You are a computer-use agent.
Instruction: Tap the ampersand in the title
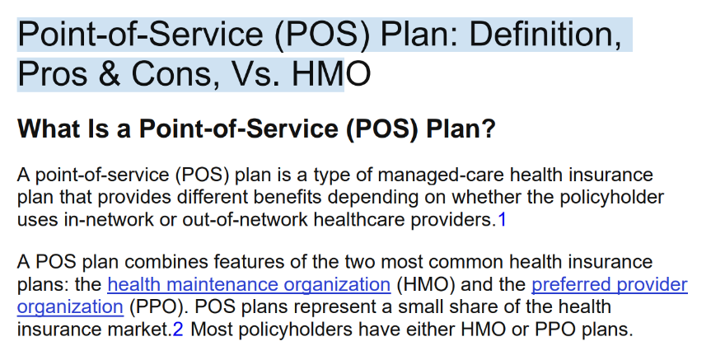pyautogui.click(x=109, y=73)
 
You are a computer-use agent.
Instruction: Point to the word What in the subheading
pyautogui.click(x=46, y=129)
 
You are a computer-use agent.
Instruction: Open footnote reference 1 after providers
pyautogui.click(x=502, y=220)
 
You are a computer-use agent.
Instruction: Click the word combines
pyautogui.click(x=165, y=262)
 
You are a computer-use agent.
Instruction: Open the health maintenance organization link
pyautogui.click(x=249, y=285)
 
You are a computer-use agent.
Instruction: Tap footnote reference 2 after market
pyautogui.click(x=178, y=330)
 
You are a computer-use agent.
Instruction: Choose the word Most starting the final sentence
pyautogui.click(x=213, y=330)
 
